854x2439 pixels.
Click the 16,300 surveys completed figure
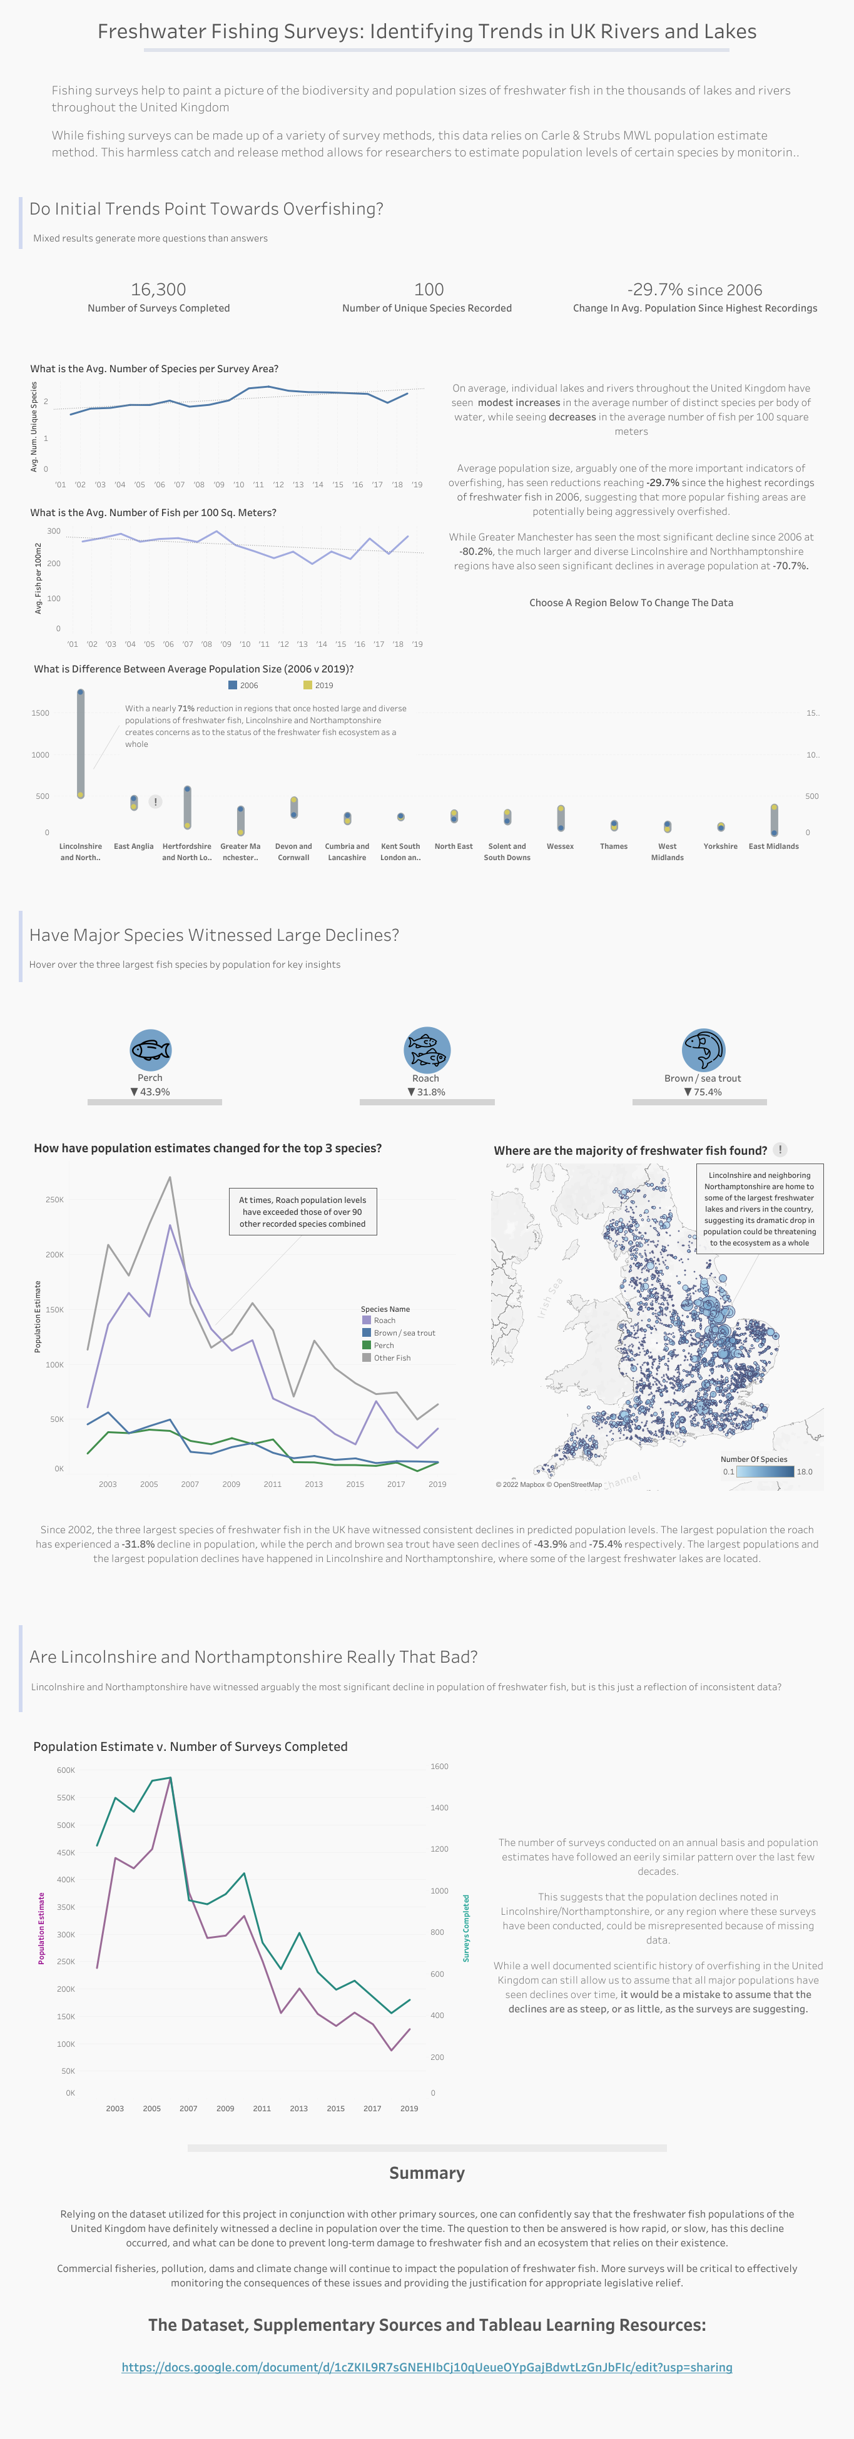158,290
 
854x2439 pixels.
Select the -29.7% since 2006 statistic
694,290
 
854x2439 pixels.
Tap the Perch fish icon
151,1049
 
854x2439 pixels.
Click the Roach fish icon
427,1049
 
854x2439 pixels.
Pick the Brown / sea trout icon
703,1049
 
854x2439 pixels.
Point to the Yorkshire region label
721,846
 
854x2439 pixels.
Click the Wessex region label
561,846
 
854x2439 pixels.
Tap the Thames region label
614,846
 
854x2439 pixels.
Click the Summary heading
427,2173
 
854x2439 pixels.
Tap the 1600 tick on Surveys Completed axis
439,1767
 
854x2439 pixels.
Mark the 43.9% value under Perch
155,1092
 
